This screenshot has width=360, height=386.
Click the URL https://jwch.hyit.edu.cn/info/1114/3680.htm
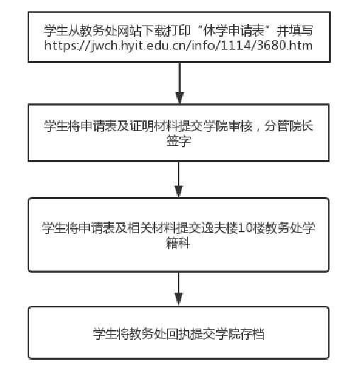[179, 46]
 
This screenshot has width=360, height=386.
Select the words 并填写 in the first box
[295, 30]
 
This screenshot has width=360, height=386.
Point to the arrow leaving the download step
[179, 83]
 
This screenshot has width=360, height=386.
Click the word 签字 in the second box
[179, 141]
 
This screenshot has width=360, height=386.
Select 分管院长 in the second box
[289, 126]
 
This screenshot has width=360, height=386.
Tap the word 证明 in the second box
[142, 126]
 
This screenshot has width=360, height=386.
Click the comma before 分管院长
[258, 128]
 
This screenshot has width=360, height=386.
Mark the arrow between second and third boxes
[179, 179]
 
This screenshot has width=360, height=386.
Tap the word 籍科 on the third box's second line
[179, 243]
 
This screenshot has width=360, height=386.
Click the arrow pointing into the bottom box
[179, 289]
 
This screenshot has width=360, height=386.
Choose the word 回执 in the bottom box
[179, 334]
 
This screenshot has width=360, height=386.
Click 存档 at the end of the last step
[252, 334]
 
